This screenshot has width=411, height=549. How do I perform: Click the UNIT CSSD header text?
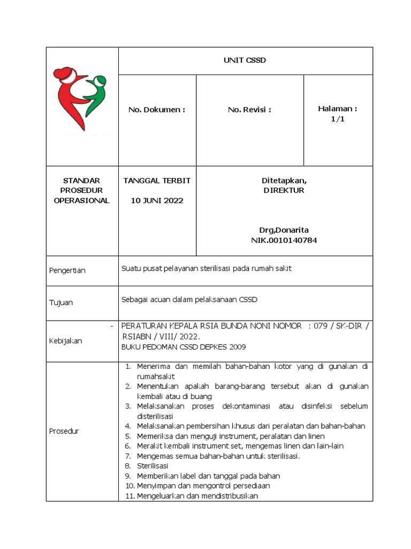245,61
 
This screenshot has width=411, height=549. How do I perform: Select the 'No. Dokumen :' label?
156,110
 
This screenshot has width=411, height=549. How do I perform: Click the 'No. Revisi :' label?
249,110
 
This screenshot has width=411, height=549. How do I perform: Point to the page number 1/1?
338,120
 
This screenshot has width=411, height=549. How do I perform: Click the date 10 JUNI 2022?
157,201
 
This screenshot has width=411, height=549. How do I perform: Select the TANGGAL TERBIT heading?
157,181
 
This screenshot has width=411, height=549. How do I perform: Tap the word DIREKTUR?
284,190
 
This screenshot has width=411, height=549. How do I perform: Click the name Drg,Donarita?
284,230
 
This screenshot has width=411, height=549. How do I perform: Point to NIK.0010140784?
284,240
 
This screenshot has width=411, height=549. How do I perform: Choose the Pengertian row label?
67,271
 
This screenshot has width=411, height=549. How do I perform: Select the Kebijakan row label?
65,342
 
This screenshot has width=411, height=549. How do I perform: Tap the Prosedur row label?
64,431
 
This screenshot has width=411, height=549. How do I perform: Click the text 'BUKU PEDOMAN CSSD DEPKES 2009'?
184,347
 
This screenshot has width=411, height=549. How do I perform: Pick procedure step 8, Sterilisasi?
153,466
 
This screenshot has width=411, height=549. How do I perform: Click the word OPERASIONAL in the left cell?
82,201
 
